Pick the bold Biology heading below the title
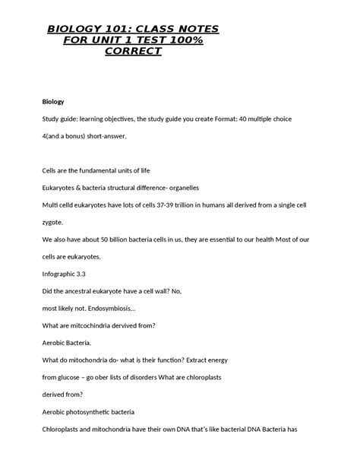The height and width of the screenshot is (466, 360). pos(52,101)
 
